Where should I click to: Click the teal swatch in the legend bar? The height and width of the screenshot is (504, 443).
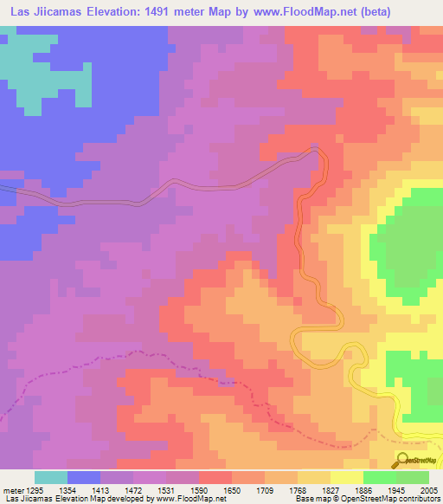pos(51,477)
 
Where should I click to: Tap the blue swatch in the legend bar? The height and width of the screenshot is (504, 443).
pos(84,477)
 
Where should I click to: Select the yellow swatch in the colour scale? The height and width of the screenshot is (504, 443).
pos(347,477)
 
